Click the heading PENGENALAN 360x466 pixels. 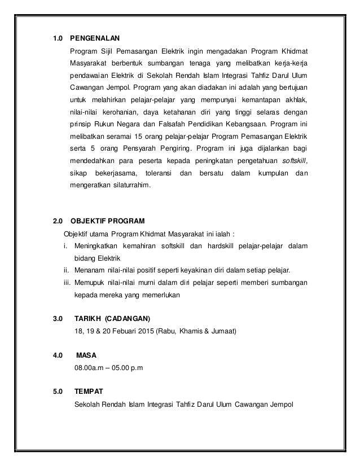pos(94,39)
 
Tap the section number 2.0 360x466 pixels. pos(57,221)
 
